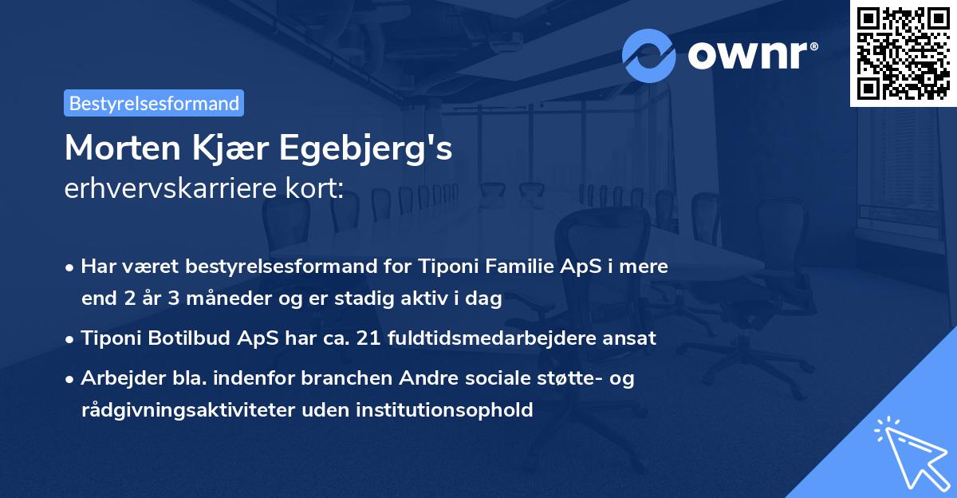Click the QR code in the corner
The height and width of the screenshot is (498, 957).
[903, 53]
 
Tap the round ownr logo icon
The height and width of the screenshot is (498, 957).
[649, 55]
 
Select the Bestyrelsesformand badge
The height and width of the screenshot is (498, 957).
[154, 103]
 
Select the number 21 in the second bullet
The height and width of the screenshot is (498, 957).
[368, 338]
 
